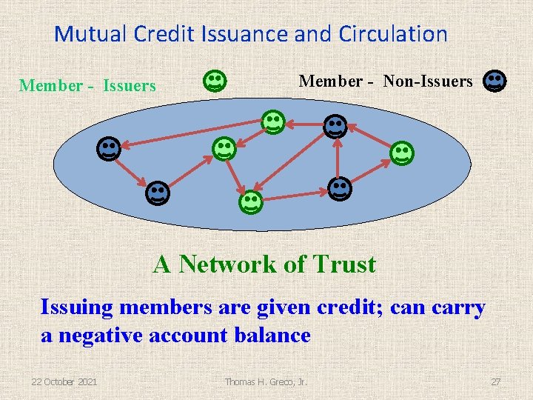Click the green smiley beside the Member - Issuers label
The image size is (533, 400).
coord(215,81)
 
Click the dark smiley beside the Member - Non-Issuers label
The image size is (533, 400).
coord(495,81)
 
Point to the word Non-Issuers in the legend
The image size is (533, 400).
coord(427,81)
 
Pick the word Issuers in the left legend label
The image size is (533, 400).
coord(130,86)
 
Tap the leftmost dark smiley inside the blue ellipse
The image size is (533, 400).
coord(108,149)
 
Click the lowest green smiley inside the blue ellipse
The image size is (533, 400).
coord(249,201)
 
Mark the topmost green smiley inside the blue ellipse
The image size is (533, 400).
coord(273,121)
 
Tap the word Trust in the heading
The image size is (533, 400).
coord(344,264)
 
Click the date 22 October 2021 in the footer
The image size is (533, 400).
coord(64,381)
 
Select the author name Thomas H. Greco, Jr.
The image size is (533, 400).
coord(266,381)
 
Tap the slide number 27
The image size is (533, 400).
coord(495,381)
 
